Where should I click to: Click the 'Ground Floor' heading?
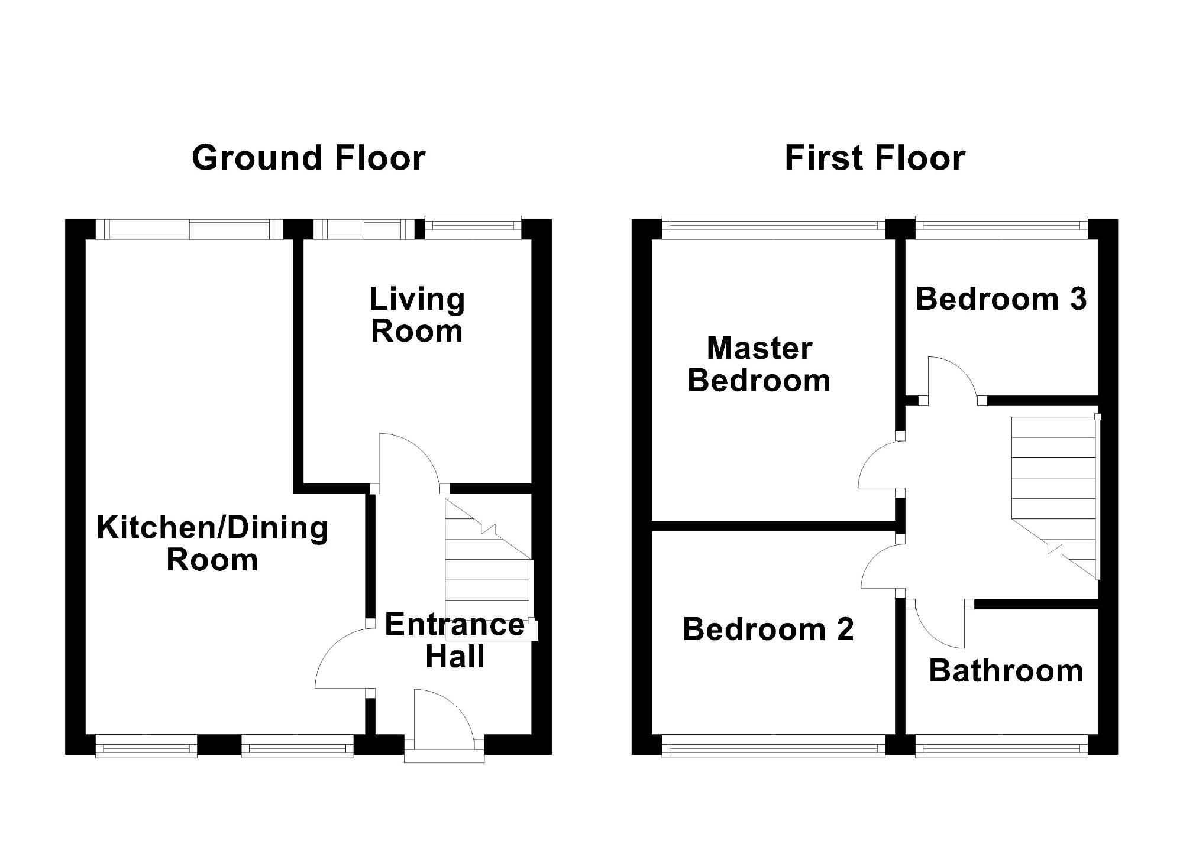click(x=309, y=158)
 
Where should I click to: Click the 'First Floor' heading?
click(x=875, y=158)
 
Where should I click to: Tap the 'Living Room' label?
click(x=417, y=315)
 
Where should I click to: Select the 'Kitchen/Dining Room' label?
click(x=212, y=544)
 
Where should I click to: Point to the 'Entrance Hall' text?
click(x=455, y=641)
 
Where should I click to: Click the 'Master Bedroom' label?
click(x=759, y=364)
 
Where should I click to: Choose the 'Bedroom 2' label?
click(x=768, y=629)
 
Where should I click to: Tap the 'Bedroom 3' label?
click(x=1001, y=299)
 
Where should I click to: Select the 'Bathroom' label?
click(x=1006, y=671)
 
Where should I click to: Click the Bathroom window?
click(x=1001, y=746)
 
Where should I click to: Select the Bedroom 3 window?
click(x=1001, y=228)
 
